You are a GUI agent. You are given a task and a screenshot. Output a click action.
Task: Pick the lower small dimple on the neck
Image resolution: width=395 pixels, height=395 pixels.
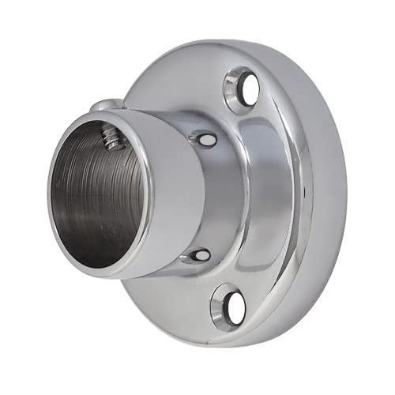(x=198, y=254)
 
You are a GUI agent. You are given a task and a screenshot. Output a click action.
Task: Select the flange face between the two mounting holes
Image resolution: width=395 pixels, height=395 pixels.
(x=284, y=197)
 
